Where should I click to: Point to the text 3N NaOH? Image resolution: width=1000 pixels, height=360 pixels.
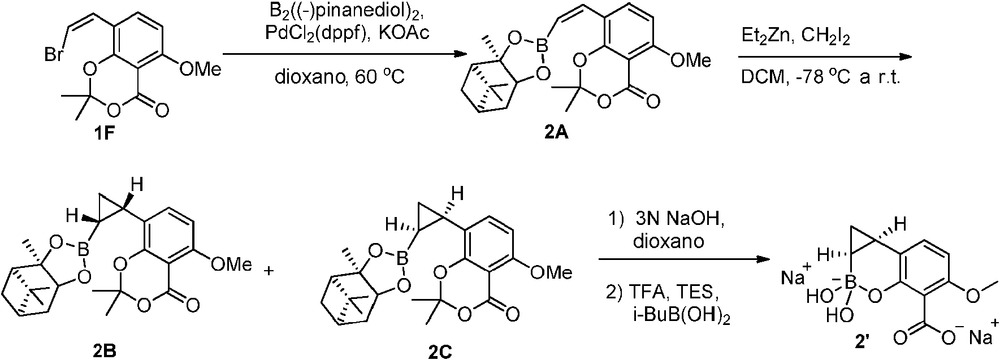coord(674,222)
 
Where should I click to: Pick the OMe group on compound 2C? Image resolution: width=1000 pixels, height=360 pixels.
coord(551,272)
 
